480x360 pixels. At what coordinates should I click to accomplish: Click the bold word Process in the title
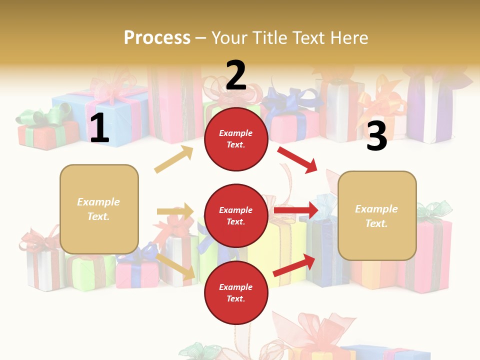(157, 38)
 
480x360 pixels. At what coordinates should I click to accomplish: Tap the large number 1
(99, 128)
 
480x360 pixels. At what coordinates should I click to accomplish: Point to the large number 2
(236, 75)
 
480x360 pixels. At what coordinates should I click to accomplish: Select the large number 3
(376, 136)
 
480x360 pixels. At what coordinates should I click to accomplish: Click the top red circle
(236, 139)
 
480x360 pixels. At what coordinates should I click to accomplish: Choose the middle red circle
(236, 216)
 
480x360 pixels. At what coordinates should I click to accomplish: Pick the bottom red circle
(236, 293)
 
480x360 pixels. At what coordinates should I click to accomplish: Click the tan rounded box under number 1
(99, 209)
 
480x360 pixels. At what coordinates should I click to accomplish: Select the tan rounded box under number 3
(377, 216)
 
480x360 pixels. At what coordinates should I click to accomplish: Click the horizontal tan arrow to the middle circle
(175, 211)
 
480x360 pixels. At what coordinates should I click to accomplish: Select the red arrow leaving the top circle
(298, 159)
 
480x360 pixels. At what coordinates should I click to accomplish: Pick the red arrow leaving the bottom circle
(294, 265)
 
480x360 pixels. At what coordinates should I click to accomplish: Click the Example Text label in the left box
(98, 209)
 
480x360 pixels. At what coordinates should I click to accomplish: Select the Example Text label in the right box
(376, 216)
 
